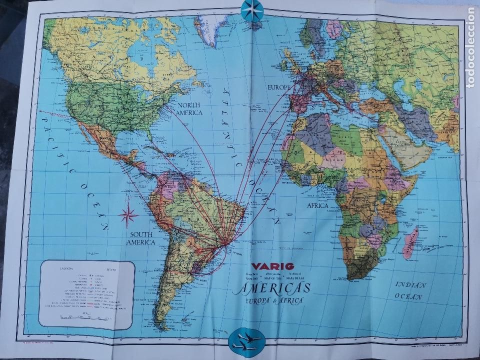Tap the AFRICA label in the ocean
[x=314, y=205]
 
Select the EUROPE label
[x=279, y=88]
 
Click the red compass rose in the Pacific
[x=129, y=214]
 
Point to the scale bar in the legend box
[x=84, y=317]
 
